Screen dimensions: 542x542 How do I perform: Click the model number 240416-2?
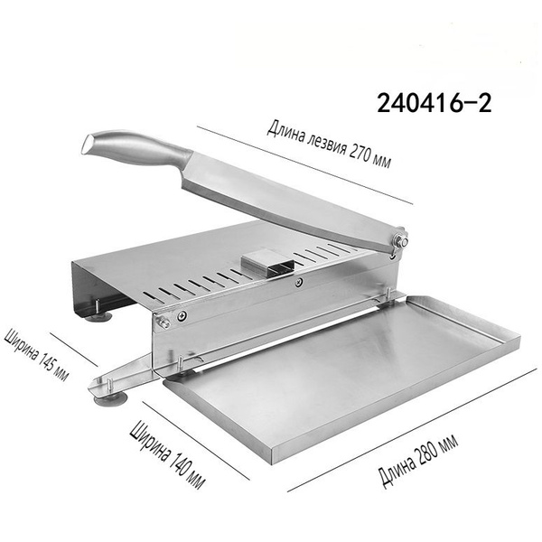click(x=434, y=103)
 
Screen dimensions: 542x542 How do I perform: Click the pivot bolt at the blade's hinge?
click(x=401, y=241)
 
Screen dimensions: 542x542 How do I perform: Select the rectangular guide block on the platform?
click(x=268, y=263)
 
